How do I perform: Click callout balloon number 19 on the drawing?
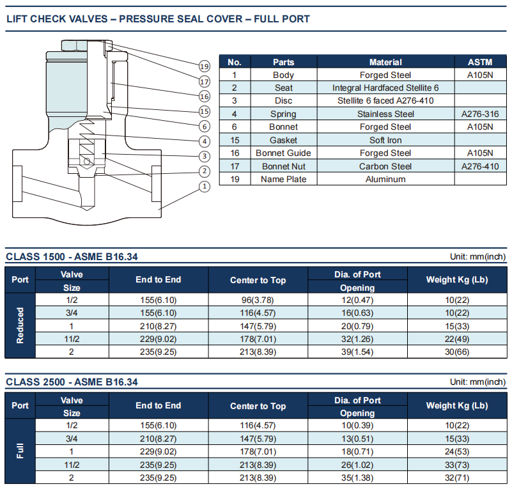pyautogui.click(x=205, y=66)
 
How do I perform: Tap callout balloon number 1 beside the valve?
pyautogui.click(x=205, y=187)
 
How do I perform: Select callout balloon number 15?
pyautogui.click(x=205, y=111)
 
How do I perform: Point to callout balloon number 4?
pyautogui.click(x=205, y=141)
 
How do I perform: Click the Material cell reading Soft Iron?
pyautogui.click(x=385, y=140)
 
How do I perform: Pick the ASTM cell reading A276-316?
pyautogui.click(x=480, y=114)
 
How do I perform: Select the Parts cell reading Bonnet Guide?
pyautogui.click(x=283, y=153)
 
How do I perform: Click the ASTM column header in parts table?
pyautogui.click(x=480, y=62)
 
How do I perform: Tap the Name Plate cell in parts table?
pyautogui.click(x=283, y=179)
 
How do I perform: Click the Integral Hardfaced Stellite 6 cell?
pyautogui.click(x=385, y=88)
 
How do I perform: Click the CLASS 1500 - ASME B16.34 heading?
pyautogui.click(x=72, y=256)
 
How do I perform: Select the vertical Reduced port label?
pyautogui.click(x=20, y=325)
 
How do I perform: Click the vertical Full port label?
pyautogui.click(x=20, y=451)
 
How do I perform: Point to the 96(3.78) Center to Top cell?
pyautogui.click(x=258, y=300)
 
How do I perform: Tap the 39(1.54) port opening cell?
pyautogui.click(x=357, y=352)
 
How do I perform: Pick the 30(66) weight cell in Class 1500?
pyautogui.click(x=457, y=352)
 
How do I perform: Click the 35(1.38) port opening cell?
pyautogui.click(x=357, y=478)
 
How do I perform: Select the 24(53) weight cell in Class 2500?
pyautogui.click(x=457, y=452)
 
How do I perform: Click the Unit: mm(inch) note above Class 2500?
pyautogui.click(x=477, y=382)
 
